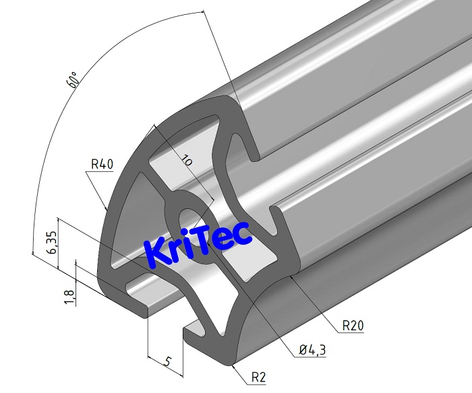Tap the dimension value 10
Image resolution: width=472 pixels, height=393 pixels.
pyautogui.click(x=186, y=160)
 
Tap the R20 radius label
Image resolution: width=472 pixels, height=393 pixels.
pyautogui.click(x=354, y=326)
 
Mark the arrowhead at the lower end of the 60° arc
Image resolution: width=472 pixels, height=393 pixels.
pyautogui.click(x=32, y=252)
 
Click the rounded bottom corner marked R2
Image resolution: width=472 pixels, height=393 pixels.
pyautogui.click(x=231, y=363)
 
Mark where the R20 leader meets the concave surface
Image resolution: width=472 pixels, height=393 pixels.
pyautogui.click(x=295, y=276)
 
